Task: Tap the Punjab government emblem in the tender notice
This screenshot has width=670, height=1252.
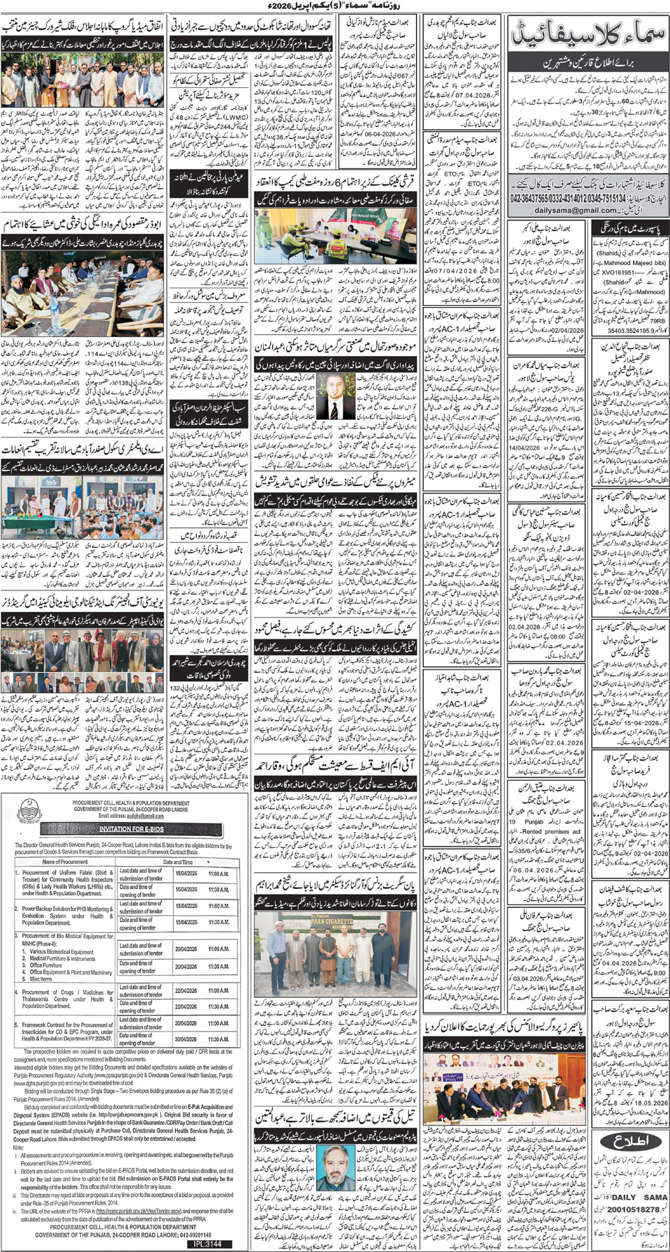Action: (28, 809)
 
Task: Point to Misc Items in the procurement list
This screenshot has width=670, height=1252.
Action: (41, 978)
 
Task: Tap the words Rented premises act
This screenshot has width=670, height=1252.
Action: (551, 831)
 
